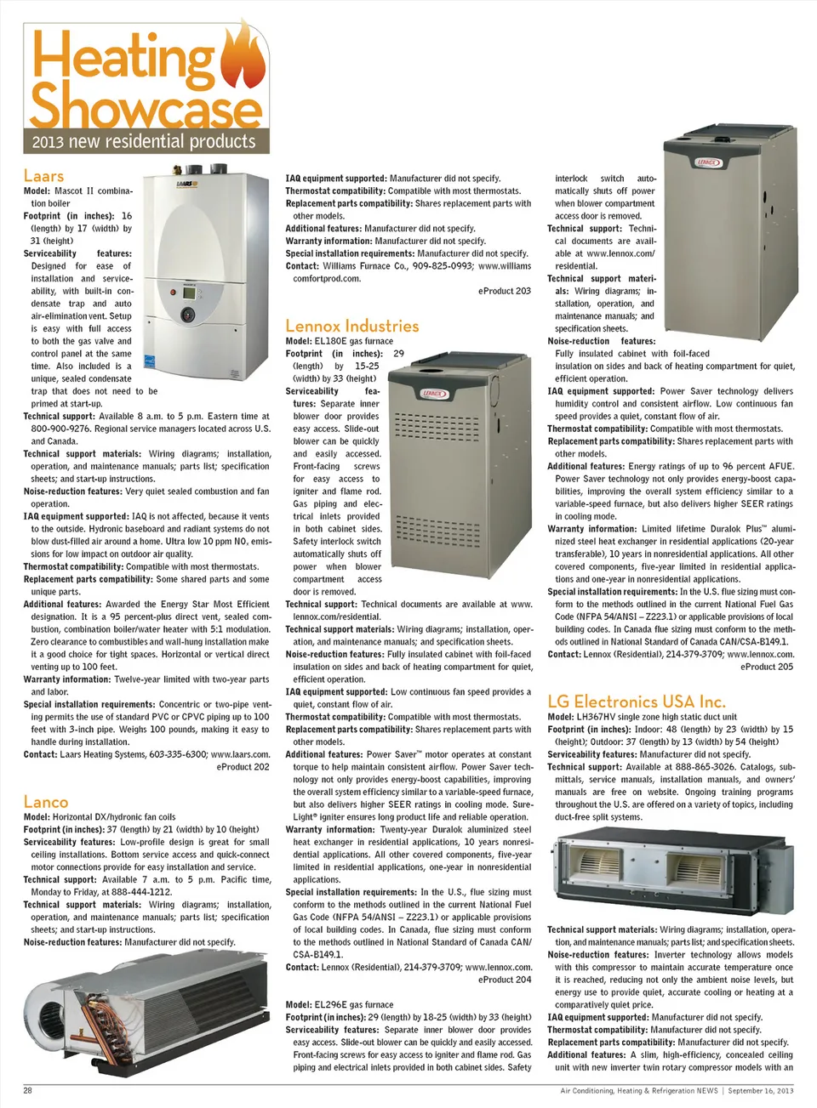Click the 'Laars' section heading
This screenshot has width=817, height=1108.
[x=43, y=176]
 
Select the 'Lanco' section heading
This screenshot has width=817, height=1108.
[x=46, y=801]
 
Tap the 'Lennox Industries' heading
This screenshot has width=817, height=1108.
[x=352, y=326]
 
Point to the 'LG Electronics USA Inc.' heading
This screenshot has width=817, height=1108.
[x=636, y=702]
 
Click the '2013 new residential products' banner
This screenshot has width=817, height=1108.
[x=144, y=141]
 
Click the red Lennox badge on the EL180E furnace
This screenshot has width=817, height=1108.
[x=434, y=394]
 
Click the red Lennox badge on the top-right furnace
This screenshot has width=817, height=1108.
[x=708, y=162]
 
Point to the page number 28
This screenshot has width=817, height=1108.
[x=27, y=1090]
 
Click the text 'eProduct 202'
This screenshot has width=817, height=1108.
[x=243, y=766]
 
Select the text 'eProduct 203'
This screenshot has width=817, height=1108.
[x=505, y=291]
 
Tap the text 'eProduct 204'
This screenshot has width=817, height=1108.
[x=505, y=980]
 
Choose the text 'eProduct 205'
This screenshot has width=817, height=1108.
[x=767, y=667]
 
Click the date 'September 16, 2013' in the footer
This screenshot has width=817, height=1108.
[x=761, y=1090]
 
